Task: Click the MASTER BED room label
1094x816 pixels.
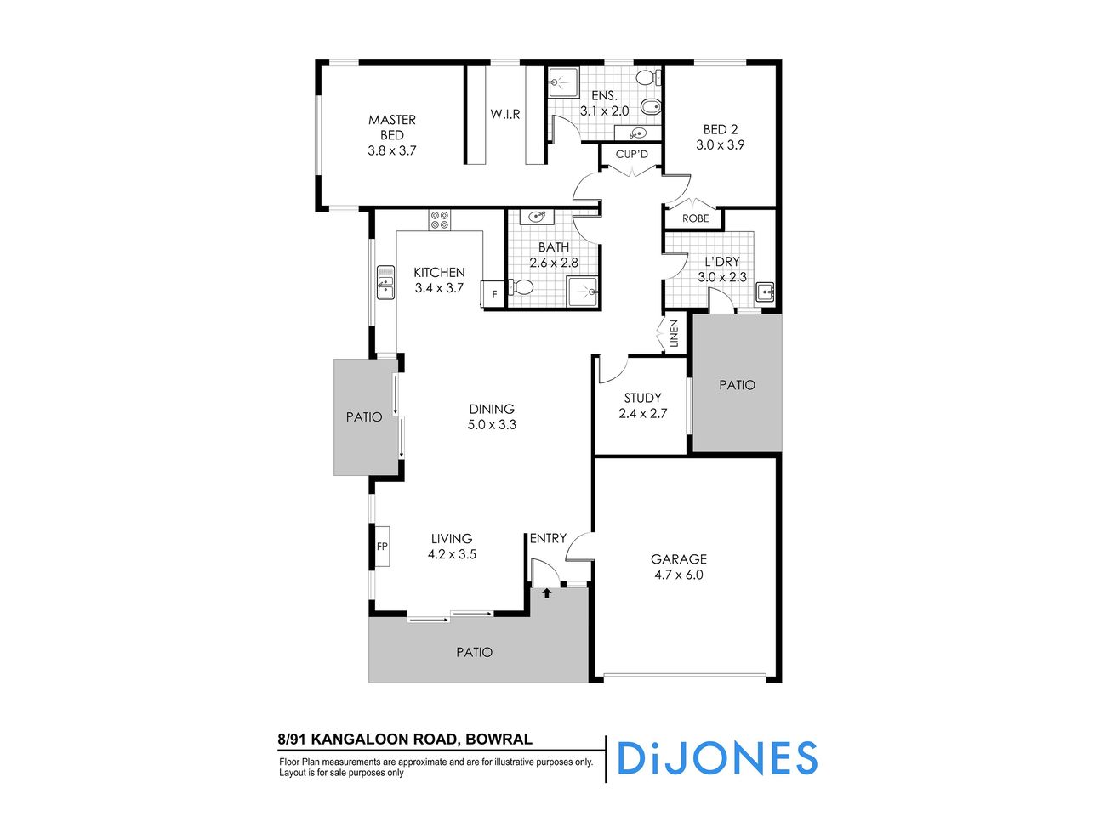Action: coord(391,127)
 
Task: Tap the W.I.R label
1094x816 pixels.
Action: coord(504,114)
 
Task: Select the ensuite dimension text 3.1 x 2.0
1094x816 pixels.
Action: coord(604,111)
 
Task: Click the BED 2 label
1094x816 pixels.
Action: coord(720,130)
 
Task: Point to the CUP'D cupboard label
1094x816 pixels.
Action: coord(632,155)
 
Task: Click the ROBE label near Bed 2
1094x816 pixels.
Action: coord(695,218)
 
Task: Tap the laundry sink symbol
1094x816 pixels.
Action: coord(766,292)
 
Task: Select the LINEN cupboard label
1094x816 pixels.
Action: coord(675,333)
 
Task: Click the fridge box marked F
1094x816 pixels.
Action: coord(493,294)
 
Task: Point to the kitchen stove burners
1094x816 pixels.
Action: coord(440,220)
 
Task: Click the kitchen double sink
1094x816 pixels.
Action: coord(385,281)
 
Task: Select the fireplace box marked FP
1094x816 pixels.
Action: coord(382,547)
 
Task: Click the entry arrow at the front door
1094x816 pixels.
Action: coord(546,592)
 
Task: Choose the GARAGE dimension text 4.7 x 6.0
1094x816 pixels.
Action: coord(678,575)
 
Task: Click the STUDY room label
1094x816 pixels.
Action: coord(642,398)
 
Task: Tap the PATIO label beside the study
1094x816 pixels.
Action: coord(737,385)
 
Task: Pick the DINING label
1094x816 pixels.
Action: coord(492,409)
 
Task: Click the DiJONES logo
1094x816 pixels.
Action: coord(716,758)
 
